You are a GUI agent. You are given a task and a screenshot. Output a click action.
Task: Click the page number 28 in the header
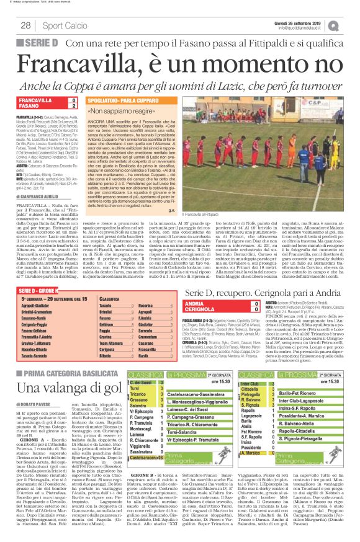(x=27, y=25)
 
